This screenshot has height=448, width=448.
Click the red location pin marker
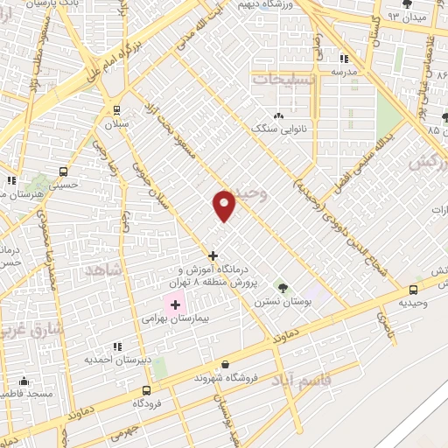coord(225,206)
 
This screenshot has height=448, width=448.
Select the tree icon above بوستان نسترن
coord(282,286)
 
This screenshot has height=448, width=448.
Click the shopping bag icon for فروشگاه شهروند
coord(226,364)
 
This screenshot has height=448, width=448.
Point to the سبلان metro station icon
coord(116,110)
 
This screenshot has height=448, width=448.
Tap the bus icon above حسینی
coord(63,171)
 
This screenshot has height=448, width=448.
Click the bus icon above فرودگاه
coord(146,391)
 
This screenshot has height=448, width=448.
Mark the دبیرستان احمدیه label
coord(116,360)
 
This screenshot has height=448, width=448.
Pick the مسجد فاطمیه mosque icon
coord(24,381)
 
